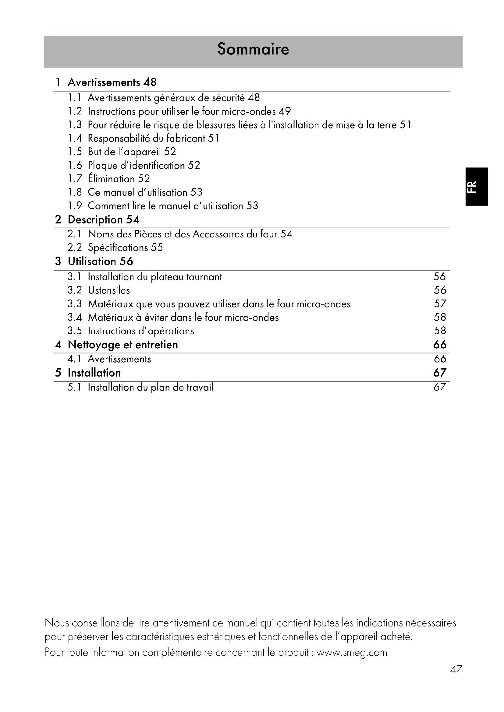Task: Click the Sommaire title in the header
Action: click(253, 49)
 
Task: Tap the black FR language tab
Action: click(477, 187)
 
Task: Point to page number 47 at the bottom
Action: click(456, 669)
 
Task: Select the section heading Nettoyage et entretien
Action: click(123, 345)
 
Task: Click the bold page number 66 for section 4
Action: click(440, 345)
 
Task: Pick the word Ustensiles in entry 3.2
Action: click(109, 290)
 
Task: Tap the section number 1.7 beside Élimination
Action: click(74, 179)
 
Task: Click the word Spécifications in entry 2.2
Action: click(118, 247)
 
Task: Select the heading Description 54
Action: click(103, 220)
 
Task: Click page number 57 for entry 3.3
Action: click(440, 303)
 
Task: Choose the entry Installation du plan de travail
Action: click(151, 387)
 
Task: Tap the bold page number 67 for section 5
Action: click(440, 373)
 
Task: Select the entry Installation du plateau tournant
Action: click(155, 277)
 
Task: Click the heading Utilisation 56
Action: click(100, 261)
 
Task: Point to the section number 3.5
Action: click(74, 331)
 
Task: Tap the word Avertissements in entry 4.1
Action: click(119, 359)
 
